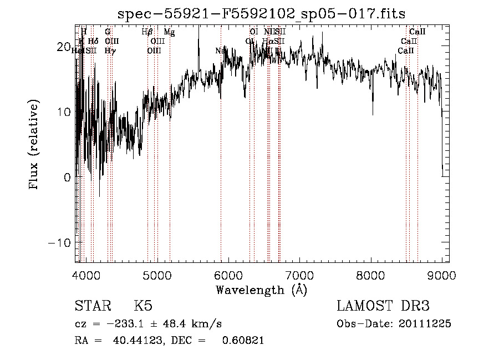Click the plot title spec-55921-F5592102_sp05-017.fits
tap(262, 13)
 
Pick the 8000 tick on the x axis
tap(370, 276)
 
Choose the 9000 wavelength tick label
tap(441, 276)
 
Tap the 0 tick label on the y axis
tap(67, 178)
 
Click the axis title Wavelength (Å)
tap(261, 290)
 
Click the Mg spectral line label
tap(169, 33)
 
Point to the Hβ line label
tap(147, 33)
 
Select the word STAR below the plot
tap(92, 306)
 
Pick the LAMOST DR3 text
tap(383, 306)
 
